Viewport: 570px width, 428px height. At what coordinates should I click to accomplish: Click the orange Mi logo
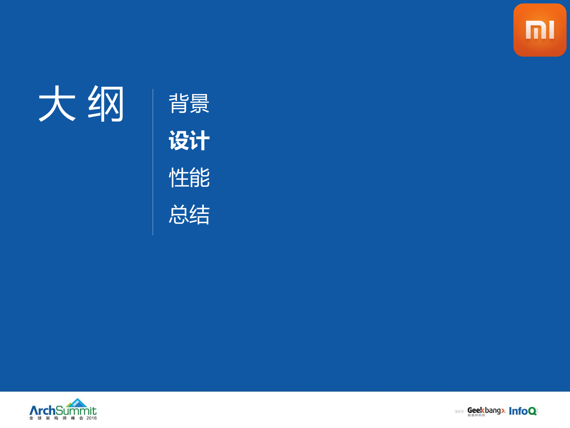(539, 30)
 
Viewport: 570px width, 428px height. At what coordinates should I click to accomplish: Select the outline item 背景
(189, 103)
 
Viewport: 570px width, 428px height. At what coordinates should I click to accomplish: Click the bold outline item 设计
(189, 140)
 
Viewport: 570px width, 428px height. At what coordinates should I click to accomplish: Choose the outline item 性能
(189, 177)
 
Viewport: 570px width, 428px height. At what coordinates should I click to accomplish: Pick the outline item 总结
(189, 214)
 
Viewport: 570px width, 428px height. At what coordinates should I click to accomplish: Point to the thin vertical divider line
(153, 162)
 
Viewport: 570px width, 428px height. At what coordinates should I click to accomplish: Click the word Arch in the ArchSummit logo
(42, 411)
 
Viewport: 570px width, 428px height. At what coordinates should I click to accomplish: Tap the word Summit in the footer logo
(76, 411)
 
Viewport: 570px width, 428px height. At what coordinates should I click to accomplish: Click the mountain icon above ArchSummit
(77, 403)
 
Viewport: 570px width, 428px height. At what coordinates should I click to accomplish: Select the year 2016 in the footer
(91, 418)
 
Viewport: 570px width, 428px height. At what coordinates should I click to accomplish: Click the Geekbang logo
(486, 410)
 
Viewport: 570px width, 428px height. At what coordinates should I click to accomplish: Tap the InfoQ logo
(523, 411)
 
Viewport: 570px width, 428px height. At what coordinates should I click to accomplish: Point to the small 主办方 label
(459, 412)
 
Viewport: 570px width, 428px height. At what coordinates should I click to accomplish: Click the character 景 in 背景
(200, 103)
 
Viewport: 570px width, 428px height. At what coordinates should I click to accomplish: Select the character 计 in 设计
(200, 140)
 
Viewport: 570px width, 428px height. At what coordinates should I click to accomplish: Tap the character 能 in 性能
(200, 177)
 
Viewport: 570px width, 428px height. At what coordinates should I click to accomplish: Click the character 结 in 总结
(200, 214)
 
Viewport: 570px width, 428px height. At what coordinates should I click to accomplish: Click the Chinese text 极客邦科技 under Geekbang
(476, 415)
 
